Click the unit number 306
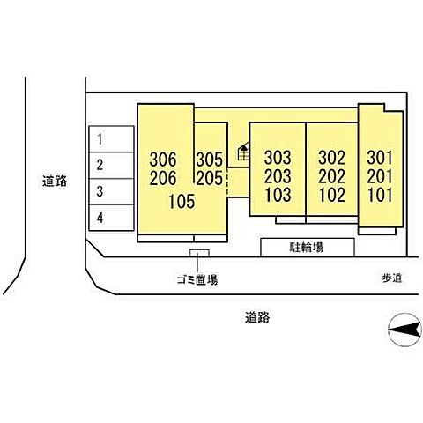163,160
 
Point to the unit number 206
163,178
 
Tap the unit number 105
182,202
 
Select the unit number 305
210,160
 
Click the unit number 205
210,178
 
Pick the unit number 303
278,158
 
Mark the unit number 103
278,195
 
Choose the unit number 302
332,158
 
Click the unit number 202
332,176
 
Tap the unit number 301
380,158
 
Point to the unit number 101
381,195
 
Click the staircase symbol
243,152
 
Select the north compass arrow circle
404,330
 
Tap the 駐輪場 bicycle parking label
307,248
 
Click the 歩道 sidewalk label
392,278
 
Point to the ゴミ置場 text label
197,279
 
